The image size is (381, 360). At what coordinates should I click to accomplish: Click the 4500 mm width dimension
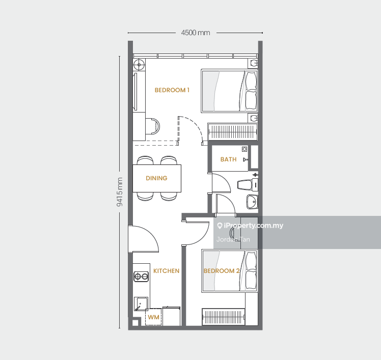click(196, 33)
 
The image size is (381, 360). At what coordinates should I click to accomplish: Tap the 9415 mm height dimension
click(120, 192)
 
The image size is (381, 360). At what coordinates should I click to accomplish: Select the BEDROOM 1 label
click(172, 90)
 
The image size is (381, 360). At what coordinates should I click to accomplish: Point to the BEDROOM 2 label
click(222, 271)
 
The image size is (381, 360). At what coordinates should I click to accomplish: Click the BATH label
click(228, 159)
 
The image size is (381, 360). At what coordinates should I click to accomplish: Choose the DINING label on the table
click(156, 178)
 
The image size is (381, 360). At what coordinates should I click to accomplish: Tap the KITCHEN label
click(166, 271)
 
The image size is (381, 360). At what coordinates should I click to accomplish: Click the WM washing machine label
click(153, 317)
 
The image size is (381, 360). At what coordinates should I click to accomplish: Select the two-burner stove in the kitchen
click(141, 276)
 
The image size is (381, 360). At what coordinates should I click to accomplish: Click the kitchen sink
click(141, 304)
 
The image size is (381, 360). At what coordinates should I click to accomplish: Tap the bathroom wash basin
click(252, 202)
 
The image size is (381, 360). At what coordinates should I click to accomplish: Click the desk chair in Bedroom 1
click(153, 126)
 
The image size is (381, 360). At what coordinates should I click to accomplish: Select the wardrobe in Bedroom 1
click(233, 132)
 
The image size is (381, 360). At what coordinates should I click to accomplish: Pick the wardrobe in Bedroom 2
click(223, 317)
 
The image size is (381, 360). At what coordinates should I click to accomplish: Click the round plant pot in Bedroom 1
click(139, 65)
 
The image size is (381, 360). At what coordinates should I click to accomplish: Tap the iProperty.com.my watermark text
click(250, 226)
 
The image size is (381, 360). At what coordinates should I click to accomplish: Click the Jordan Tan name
click(233, 239)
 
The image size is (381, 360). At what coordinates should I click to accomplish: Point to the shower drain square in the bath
click(244, 149)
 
